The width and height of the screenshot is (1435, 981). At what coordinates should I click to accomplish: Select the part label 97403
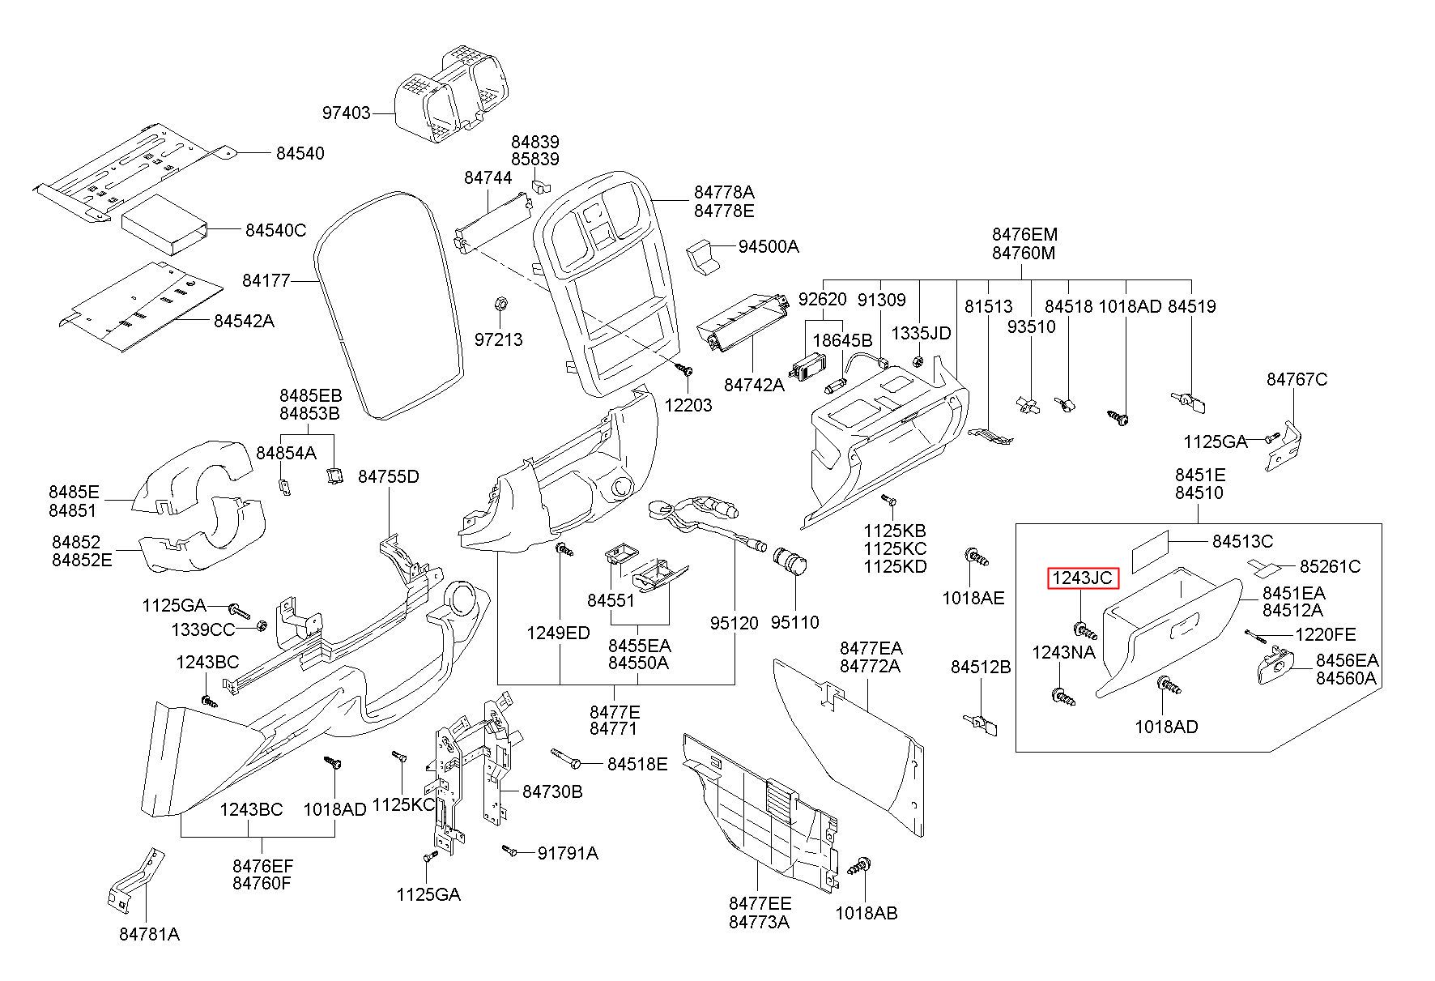[347, 113]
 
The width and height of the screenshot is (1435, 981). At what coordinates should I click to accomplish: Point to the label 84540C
[276, 230]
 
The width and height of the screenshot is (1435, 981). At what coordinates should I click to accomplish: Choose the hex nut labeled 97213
[500, 305]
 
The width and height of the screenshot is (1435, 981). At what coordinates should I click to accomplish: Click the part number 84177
[266, 281]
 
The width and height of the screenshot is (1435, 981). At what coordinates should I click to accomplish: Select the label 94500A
[769, 246]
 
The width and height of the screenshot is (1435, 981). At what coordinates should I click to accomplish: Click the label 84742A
[754, 385]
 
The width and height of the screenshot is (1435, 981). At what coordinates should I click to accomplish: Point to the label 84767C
[1297, 379]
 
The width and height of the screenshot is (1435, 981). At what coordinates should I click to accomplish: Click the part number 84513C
[1242, 541]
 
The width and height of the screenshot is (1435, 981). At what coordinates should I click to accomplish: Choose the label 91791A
[568, 852]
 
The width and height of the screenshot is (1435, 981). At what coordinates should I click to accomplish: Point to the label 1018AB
[867, 913]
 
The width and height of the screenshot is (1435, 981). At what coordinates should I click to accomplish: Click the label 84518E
[637, 764]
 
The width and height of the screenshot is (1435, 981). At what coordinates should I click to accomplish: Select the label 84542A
[244, 322]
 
